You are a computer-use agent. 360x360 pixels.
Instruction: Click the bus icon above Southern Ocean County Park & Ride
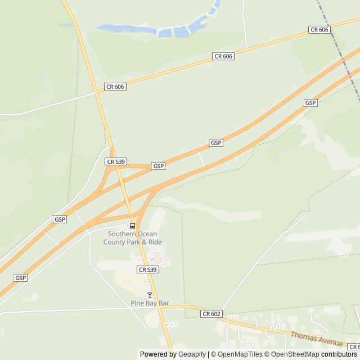click(x=132, y=226)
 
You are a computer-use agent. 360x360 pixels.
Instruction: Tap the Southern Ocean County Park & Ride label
click(x=132, y=238)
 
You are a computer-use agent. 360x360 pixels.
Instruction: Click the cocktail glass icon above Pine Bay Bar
click(x=150, y=295)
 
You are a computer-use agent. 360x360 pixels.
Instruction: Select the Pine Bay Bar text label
click(x=150, y=303)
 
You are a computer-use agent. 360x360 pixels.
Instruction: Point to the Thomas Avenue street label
click(x=316, y=339)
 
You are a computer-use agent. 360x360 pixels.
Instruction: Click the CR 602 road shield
click(x=211, y=314)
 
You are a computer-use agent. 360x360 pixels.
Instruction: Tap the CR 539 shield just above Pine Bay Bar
click(x=148, y=269)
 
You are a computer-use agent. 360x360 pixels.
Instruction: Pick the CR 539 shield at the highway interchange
click(x=115, y=161)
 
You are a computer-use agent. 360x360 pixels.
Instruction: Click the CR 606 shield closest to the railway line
click(x=319, y=29)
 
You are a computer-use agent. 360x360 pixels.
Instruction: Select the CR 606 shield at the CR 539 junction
click(x=115, y=87)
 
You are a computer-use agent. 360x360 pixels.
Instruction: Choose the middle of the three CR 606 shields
click(x=223, y=56)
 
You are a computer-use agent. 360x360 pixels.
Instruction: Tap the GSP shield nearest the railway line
click(x=310, y=103)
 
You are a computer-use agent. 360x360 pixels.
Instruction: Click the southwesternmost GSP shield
click(x=21, y=278)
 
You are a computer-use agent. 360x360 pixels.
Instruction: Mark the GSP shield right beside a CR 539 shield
click(x=159, y=166)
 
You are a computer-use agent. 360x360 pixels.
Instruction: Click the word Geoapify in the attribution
click(x=192, y=354)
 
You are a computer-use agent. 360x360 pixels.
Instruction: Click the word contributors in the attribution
click(x=339, y=354)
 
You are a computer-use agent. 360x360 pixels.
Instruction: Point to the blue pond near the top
click(x=169, y=29)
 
